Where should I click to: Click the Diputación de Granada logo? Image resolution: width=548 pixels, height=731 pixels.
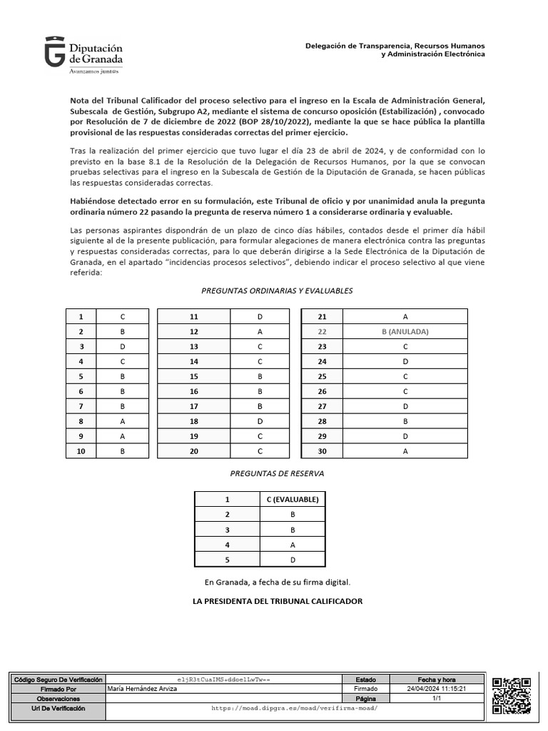pyautogui.click(x=83, y=56)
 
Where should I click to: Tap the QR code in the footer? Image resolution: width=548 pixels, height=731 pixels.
pyautogui.click(x=512, y=695)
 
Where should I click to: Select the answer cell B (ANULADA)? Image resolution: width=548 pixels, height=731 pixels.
pyautogui.click(x=405, y=331)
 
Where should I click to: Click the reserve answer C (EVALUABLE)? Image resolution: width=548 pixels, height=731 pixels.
pyautogui.click(x=292, y=499)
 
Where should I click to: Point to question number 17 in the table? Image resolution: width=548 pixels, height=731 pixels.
pyautogui.click(x=193, y=406)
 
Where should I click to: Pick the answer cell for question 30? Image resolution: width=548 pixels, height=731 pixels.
pyautogui.click(x=405, y=450)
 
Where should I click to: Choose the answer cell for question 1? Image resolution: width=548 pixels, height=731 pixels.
pyautogui.click(x=123, y=316)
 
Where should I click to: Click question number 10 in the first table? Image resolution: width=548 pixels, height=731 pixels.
pyautogui.click(x=81, y=450)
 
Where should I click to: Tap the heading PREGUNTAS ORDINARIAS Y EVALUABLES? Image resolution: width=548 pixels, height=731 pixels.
pyautogui.click(x=278, y=291)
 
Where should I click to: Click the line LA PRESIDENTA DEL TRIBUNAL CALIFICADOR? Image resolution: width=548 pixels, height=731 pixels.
pyautogui.click(x=278, y=601)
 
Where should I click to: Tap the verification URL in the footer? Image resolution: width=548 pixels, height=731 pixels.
pyautogui.click(x=294, y=708)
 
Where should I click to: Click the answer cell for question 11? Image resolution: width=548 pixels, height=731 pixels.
pyautogui.click(x=259, y=316)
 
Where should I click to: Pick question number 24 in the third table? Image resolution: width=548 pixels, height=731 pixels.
pyautogui.click(x=322, y=361)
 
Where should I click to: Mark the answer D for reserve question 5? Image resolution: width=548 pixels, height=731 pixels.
pyautogui.click(x=292, y=559)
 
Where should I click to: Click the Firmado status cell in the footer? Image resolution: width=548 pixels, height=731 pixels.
pyautogui.click(x=366, y=689)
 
